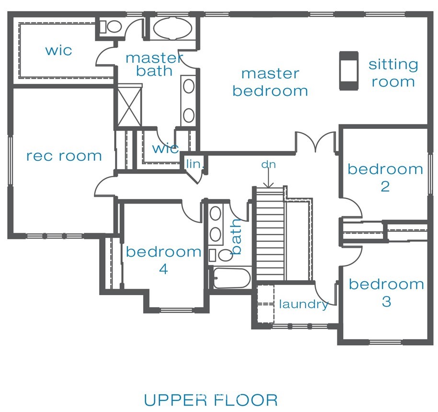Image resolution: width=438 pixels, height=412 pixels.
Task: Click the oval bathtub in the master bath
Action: [173, 28]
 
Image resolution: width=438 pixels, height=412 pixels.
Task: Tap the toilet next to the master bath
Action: [111, 26]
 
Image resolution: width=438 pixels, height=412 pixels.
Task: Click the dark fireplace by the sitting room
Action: [348, 71]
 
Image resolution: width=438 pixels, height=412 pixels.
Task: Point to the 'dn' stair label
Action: [268, 164]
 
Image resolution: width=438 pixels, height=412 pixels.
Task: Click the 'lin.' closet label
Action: [195, 164]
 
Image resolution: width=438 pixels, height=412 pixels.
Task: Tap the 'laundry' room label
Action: [304, 305]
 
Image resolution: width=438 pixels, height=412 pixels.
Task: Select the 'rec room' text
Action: [64, 156]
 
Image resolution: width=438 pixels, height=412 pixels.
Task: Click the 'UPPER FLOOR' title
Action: [211, 400]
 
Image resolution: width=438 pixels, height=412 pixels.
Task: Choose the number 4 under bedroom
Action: [163, 269]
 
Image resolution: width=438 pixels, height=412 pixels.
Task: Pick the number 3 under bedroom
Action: [386, 302]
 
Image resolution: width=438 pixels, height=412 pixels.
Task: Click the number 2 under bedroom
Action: [385, 186]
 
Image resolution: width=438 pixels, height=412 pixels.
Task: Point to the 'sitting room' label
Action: [393, 73]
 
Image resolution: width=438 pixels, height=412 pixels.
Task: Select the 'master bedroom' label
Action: [270, 83]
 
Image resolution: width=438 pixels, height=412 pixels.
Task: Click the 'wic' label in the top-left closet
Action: [58, 51]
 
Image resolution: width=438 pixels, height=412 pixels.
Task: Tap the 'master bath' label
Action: [154, 64]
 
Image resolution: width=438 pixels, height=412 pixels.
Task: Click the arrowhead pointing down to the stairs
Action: [268, 185]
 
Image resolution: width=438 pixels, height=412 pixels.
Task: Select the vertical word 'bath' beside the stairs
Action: [236, 237]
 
